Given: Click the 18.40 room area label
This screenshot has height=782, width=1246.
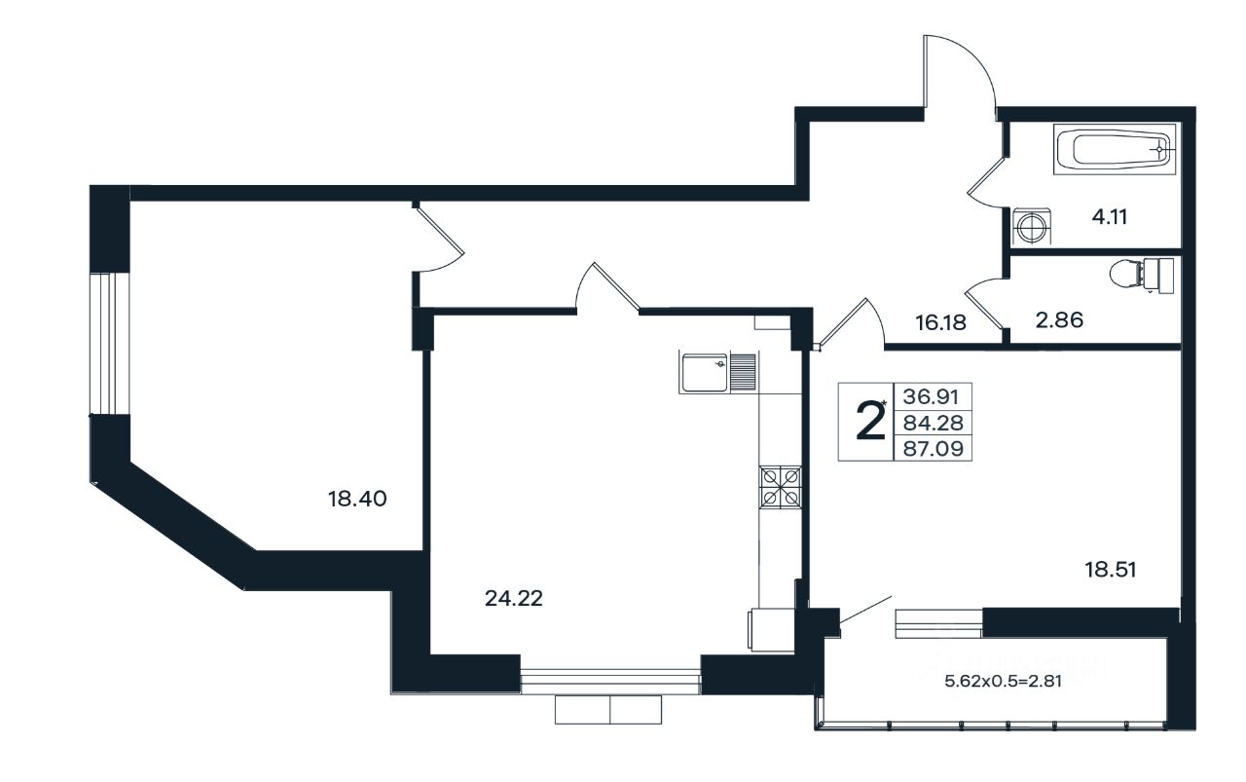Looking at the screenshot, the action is coord(357,499).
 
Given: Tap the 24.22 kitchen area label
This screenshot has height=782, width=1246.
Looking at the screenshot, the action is coord(513,598).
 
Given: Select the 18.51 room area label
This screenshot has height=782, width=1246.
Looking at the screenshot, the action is coord(1111,570).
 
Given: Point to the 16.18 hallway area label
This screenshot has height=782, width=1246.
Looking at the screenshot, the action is coord(941,322).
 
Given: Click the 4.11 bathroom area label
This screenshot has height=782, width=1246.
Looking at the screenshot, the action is coord(1110,216).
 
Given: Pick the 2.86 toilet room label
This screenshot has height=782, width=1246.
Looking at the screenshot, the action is coord(1059,320).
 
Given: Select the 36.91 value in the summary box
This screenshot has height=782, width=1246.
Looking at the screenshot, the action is coord(932,397).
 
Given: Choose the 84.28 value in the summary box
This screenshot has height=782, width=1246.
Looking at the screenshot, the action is coord(933,423).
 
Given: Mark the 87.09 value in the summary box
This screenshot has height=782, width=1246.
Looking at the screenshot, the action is coord(933,448).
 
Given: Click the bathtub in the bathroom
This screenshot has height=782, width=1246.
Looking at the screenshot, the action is coord(1115,149).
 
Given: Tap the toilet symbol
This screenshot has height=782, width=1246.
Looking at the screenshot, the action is coord(1142,275).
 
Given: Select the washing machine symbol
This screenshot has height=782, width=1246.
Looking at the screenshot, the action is coord(1032,227).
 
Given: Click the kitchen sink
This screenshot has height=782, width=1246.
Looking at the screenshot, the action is coord(717,372).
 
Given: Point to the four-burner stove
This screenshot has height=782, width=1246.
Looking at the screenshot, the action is coord(780,487).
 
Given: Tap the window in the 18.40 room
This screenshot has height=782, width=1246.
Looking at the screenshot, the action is coord(110,344).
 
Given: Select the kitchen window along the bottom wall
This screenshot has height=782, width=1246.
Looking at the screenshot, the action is coord(610,682).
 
